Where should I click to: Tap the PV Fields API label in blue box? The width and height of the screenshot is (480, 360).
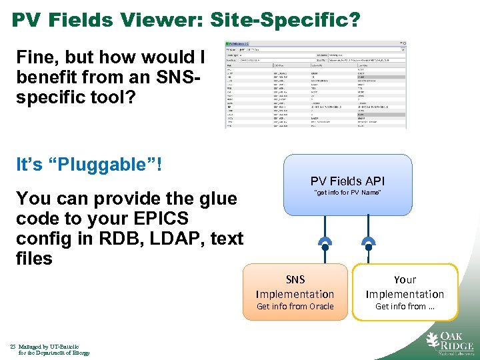[347, 181]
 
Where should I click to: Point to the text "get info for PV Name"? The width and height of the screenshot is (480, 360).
[347, 193]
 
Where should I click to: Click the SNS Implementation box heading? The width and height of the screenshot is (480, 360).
[295, 287]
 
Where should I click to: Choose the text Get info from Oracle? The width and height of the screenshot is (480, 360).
[295, 307]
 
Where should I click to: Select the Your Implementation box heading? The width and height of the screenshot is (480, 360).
[404, 287]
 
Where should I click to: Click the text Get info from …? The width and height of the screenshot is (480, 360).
[404, 307]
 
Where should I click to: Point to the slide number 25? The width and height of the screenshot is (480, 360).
[13, 347]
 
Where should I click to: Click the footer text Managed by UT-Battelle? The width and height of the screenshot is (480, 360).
[49, 347]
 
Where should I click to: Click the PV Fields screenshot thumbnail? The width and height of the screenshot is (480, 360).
[315, 85]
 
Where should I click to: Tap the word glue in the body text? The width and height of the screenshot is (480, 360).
[217, 199]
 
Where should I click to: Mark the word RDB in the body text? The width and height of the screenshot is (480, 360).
[124, 238]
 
